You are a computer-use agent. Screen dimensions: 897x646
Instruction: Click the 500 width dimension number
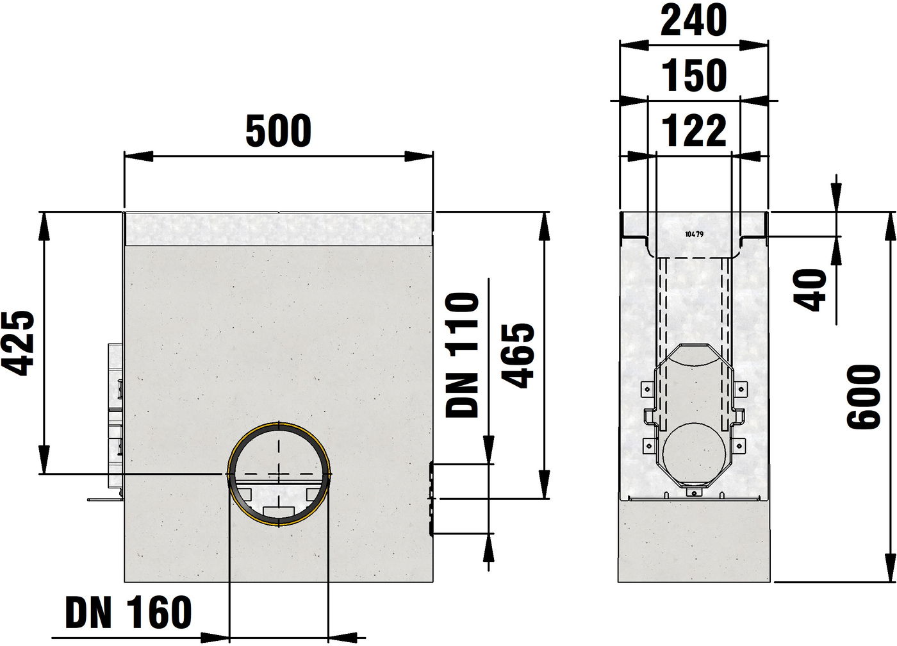pyautogui.click(x=278, y=131)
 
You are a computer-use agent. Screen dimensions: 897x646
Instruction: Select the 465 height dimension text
pyautogui.click(x=518, y=355)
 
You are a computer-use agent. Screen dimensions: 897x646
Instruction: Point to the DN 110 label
pyautogui.click(x=463, y=355)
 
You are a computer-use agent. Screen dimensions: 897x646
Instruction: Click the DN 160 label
pyautogui.click(x=128, y=612)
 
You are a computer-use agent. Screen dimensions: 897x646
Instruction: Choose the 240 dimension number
pyautogui.click(x=693, y=20)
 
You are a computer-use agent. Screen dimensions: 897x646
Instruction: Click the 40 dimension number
pyautogui.click(x=809, y=290)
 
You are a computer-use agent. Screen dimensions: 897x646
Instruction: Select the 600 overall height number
pyautogui.click(x=864, y=397)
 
